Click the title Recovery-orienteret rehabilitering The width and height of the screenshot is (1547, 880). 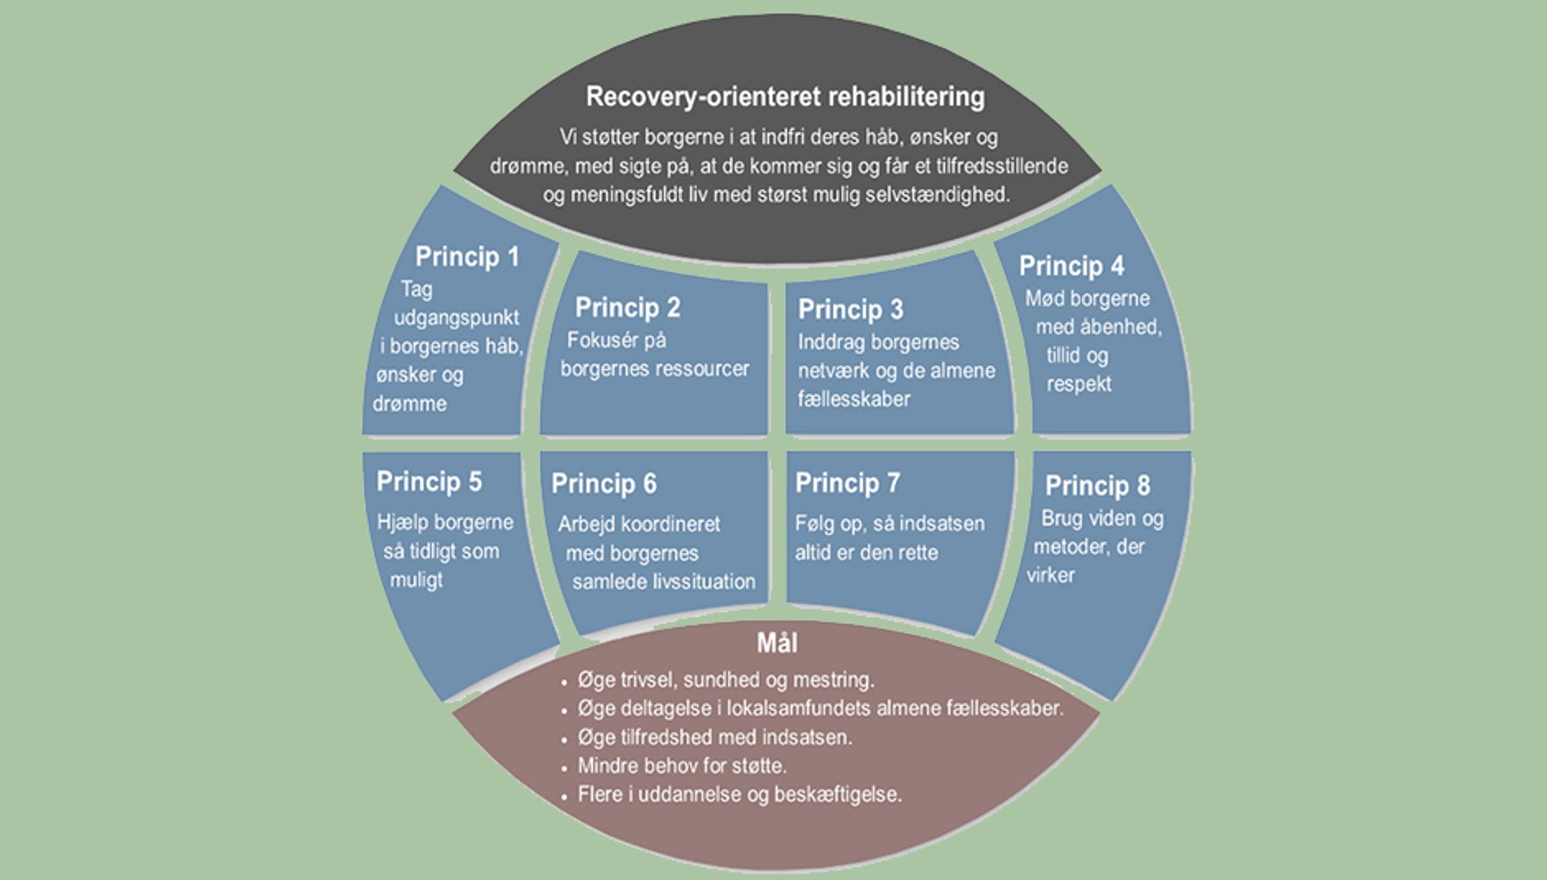tap(785, 97)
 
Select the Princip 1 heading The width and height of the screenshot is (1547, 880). tap(467, 257)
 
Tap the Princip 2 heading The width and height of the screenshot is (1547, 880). tap(628, 308)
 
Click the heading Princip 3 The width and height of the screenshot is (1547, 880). tap(850, 309)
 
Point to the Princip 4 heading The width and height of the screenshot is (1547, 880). tap(1071, 266)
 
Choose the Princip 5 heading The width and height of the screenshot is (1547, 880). tap(429, 481)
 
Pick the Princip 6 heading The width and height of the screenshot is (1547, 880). tap(603, 484)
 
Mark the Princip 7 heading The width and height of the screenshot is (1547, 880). tap(847, 483)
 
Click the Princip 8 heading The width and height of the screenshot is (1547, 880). tap(1097, 485)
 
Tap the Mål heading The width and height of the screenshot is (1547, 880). tap(777, 643)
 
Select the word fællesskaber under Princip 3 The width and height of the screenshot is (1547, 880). tap(853, 399)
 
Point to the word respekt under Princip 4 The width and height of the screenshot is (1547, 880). tap(1078, 384)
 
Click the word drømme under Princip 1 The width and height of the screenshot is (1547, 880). tap(409, 403)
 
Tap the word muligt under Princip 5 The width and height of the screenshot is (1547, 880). tap(416, 580)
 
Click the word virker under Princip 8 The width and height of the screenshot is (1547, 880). tap(1050, 575)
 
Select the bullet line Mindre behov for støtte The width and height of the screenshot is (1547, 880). tap(682, 766)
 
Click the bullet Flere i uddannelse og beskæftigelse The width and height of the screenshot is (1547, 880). tap(739, 795)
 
